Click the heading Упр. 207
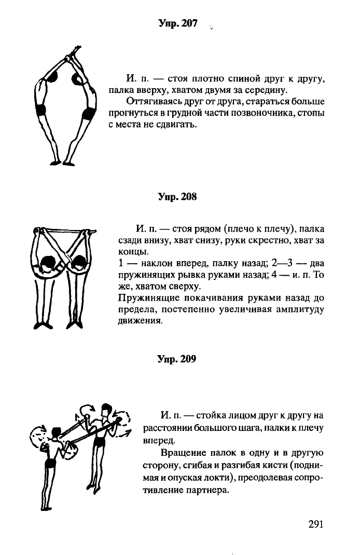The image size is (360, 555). [177, 23]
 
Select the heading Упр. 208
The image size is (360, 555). [177, 197]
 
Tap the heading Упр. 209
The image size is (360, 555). [176, 359]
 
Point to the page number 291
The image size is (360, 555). [316, 524]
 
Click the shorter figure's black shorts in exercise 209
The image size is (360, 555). [51, 464]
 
